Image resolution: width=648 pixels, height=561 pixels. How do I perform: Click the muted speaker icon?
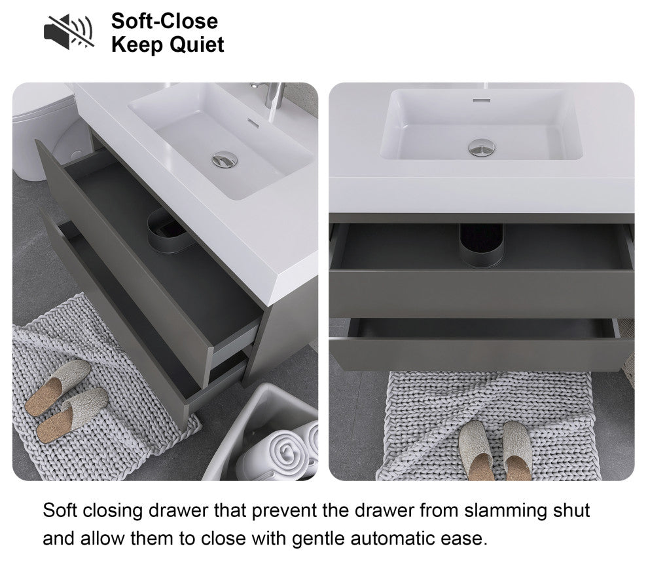pos(69,32)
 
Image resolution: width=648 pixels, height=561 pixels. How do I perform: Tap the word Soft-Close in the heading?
pos(164,21)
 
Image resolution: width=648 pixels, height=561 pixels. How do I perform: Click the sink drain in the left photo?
pos(225,160)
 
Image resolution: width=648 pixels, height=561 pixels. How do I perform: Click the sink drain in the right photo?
pos(482,147)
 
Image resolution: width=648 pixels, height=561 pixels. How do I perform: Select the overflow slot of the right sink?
pos(482,100)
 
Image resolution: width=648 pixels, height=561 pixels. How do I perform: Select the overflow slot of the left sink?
pos(253,123)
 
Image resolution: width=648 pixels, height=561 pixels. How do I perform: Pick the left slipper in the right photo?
pos(477,451)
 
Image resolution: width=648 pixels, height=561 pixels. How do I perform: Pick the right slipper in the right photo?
pos(517,451)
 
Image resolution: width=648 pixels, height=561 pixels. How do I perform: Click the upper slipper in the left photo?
pos(58,387)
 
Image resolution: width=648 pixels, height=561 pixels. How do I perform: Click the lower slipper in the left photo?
pos(72,415)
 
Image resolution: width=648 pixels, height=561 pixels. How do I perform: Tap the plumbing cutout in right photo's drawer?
pos(482,245)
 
